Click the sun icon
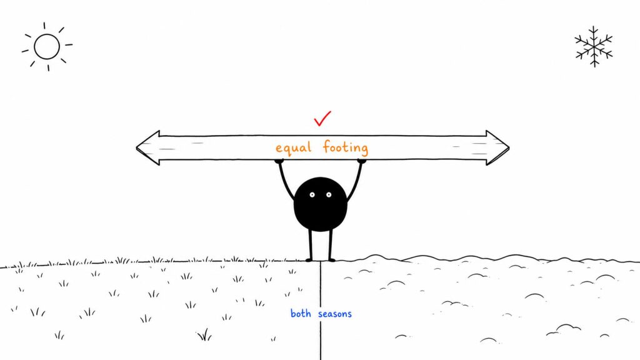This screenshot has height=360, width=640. (x=47, y=46)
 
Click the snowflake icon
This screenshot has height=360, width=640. (x=594, y=46)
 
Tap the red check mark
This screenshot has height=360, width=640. (x=322, y=118)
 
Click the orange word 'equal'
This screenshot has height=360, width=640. (x=294, y=147)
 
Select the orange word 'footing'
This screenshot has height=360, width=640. (x=345, y=147)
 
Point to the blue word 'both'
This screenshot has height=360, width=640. (x=301, y=313)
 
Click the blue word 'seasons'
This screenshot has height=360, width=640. (x=335, y=314)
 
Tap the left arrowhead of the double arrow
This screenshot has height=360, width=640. (x=147, y=147)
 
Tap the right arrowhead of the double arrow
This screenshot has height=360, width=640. (x=497, y=147)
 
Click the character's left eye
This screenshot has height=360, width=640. (x=312, y=195)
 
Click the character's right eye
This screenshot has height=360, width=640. (x=329, y=195)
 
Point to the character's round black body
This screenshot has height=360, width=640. (x=321, y=204)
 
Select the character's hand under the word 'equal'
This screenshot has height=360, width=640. (x=279, y=162)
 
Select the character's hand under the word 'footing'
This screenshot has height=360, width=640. (x=362, y=162)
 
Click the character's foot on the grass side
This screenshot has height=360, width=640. (x=309, y=260)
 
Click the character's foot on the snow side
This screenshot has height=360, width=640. (x=331, y=260)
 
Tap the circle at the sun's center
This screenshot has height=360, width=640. (x=47, y=46)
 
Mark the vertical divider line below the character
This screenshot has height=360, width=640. (x=321, y=311)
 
